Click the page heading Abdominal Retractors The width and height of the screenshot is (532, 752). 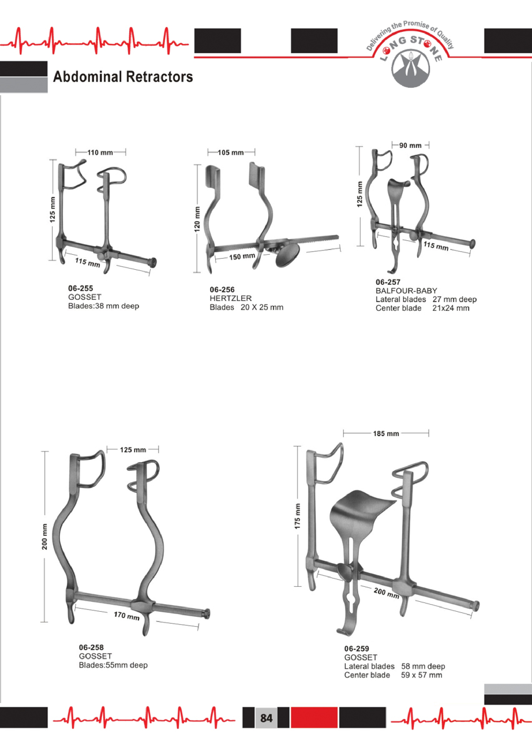tap(123, 77)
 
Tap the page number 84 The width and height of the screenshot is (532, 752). tap(266, 718)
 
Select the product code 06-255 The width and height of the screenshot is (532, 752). tap(81, 288)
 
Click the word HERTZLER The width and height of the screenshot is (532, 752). tap(231, 298)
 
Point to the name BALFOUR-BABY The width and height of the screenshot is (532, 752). tap(406, 291)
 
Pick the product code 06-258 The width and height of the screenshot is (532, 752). tap(92, 647)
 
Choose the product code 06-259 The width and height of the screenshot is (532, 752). tap(356, 648)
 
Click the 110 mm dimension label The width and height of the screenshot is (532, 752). tap(100, 153)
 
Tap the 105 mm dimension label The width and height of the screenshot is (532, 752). tap(231, 153)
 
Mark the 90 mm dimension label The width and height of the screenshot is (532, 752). tap(410, 145)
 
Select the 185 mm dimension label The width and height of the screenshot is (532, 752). tap(386, 434)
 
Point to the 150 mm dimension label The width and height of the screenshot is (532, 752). tap(242, 257)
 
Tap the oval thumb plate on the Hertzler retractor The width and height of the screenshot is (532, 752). tap(288, 255)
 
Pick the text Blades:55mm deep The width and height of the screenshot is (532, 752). tap(113, 665)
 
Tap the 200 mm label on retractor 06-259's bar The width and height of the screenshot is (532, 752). tap(386, 593)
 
